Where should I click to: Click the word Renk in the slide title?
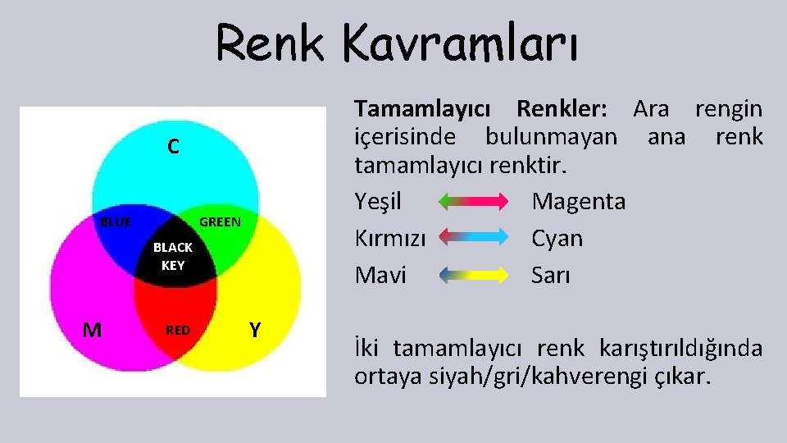(x=270, y=43)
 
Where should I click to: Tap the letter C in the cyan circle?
(x=173, y=147)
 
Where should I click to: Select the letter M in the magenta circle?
(x=93, y=330)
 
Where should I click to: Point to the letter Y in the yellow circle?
(x=255, y=330)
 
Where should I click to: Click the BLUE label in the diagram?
(x=116, y=221)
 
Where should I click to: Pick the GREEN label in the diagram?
(x=221, y=221)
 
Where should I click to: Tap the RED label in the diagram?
(x=178, y=331)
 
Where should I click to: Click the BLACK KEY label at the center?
(x=173, y=256)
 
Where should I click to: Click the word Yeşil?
(x=378, y=201)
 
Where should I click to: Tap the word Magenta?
(x=578, y=201)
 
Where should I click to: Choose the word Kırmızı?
(x=390, y=239)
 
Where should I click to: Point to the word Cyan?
(x=557, y=239)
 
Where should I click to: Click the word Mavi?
(x=380, y=275)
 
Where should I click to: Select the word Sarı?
(x=550, y=275)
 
